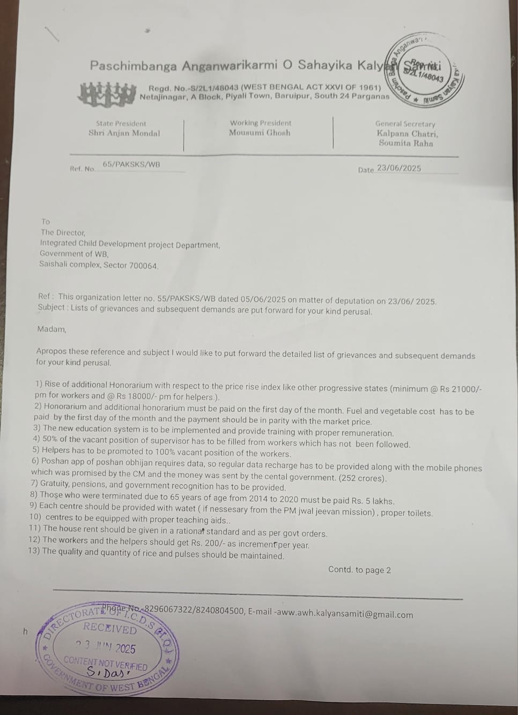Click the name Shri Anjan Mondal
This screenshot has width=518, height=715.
[x=124, y=133]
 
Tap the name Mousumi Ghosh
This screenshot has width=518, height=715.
[x=260, y=132]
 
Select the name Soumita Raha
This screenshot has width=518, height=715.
[x=405, y=143]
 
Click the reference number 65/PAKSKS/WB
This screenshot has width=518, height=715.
[x=131, y=164]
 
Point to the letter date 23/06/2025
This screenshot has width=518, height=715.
[x=399, y=168]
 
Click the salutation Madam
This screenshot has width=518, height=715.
[x=51, y=329]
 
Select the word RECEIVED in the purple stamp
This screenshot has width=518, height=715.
[x=110, y=628]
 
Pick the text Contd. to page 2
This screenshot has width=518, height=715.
[x=359, y=570]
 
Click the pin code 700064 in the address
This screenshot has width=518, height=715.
[x=144, y=265]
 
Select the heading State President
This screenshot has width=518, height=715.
[x=121, y=123]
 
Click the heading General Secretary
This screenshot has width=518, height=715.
[x=405, y=124]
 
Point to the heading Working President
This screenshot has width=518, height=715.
[x=260, y=123]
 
